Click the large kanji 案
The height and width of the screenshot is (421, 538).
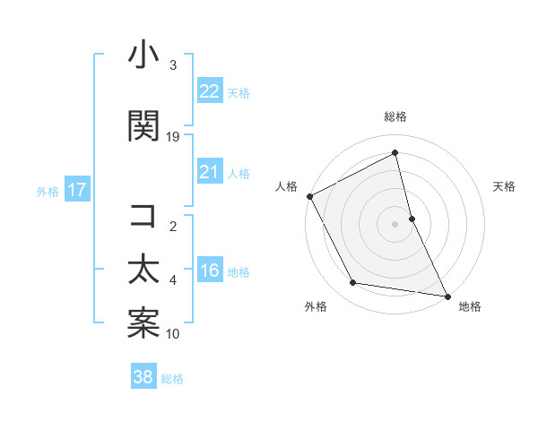click(143, 324)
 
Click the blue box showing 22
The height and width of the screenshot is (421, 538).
click(209, 90)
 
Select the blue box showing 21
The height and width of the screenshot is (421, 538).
click(209, 172)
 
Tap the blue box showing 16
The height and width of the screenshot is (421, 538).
click(209, 271)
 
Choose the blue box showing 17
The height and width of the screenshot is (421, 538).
click(76, 190)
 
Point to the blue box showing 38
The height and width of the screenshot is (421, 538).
click(143, 377)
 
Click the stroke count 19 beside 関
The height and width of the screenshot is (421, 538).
click(173, 137)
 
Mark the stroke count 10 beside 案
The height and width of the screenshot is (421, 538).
click(173, 334)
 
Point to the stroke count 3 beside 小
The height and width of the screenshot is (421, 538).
click(173, 65)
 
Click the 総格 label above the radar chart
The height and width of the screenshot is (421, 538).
click(395, 116)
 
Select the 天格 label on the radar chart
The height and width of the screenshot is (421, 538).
click(505, 186)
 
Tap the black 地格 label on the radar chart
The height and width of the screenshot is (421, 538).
click(470, 306)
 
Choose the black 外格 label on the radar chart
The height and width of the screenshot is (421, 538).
click(316, 306)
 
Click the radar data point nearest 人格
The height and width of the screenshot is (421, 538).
click(309, 196)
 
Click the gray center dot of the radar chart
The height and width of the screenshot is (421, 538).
click(395, 224)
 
